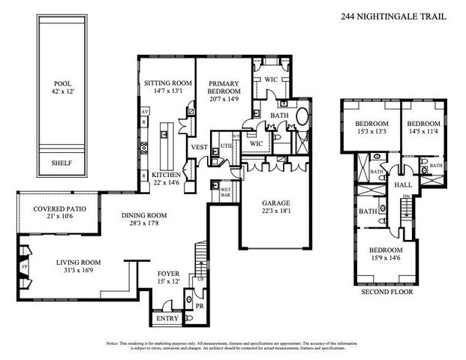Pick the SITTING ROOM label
[x=164, y=88]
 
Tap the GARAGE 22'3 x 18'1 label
[x=275, y=208]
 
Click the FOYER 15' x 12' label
[x=168, y=278]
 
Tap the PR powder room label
[x=199, y=307]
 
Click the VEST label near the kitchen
[x=199, y=147]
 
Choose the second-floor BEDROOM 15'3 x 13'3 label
[x=371, y=128]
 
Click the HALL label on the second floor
[x=403, y=184]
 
